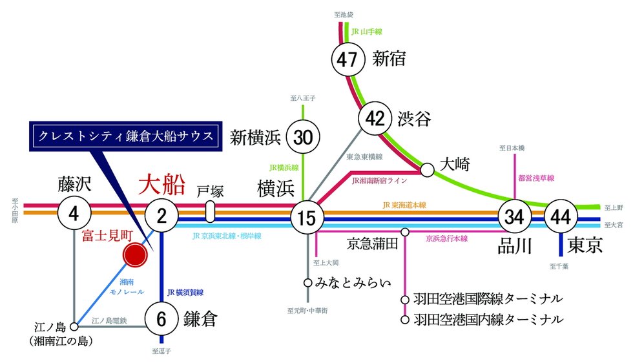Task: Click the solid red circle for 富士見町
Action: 137,256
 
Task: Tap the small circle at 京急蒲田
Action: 405,232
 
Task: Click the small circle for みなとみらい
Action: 308,282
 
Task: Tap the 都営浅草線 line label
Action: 537,176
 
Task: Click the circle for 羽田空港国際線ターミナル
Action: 405,300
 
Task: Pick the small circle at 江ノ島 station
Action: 75,326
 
